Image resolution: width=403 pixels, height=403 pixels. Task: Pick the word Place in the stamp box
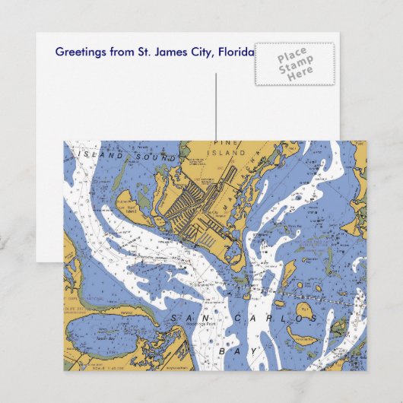coord(291,56)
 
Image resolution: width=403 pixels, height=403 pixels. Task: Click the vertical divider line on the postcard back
coord(216,106)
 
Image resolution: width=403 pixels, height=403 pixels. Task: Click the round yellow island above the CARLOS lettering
coord(303,310)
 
